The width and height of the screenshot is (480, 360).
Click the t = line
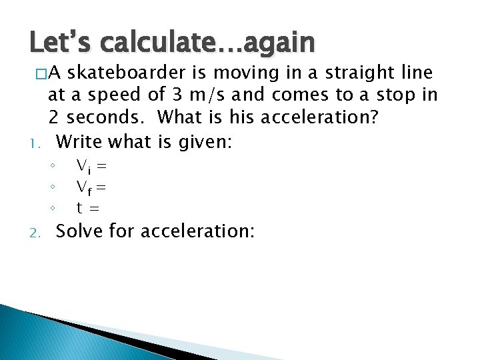[88, 207]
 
